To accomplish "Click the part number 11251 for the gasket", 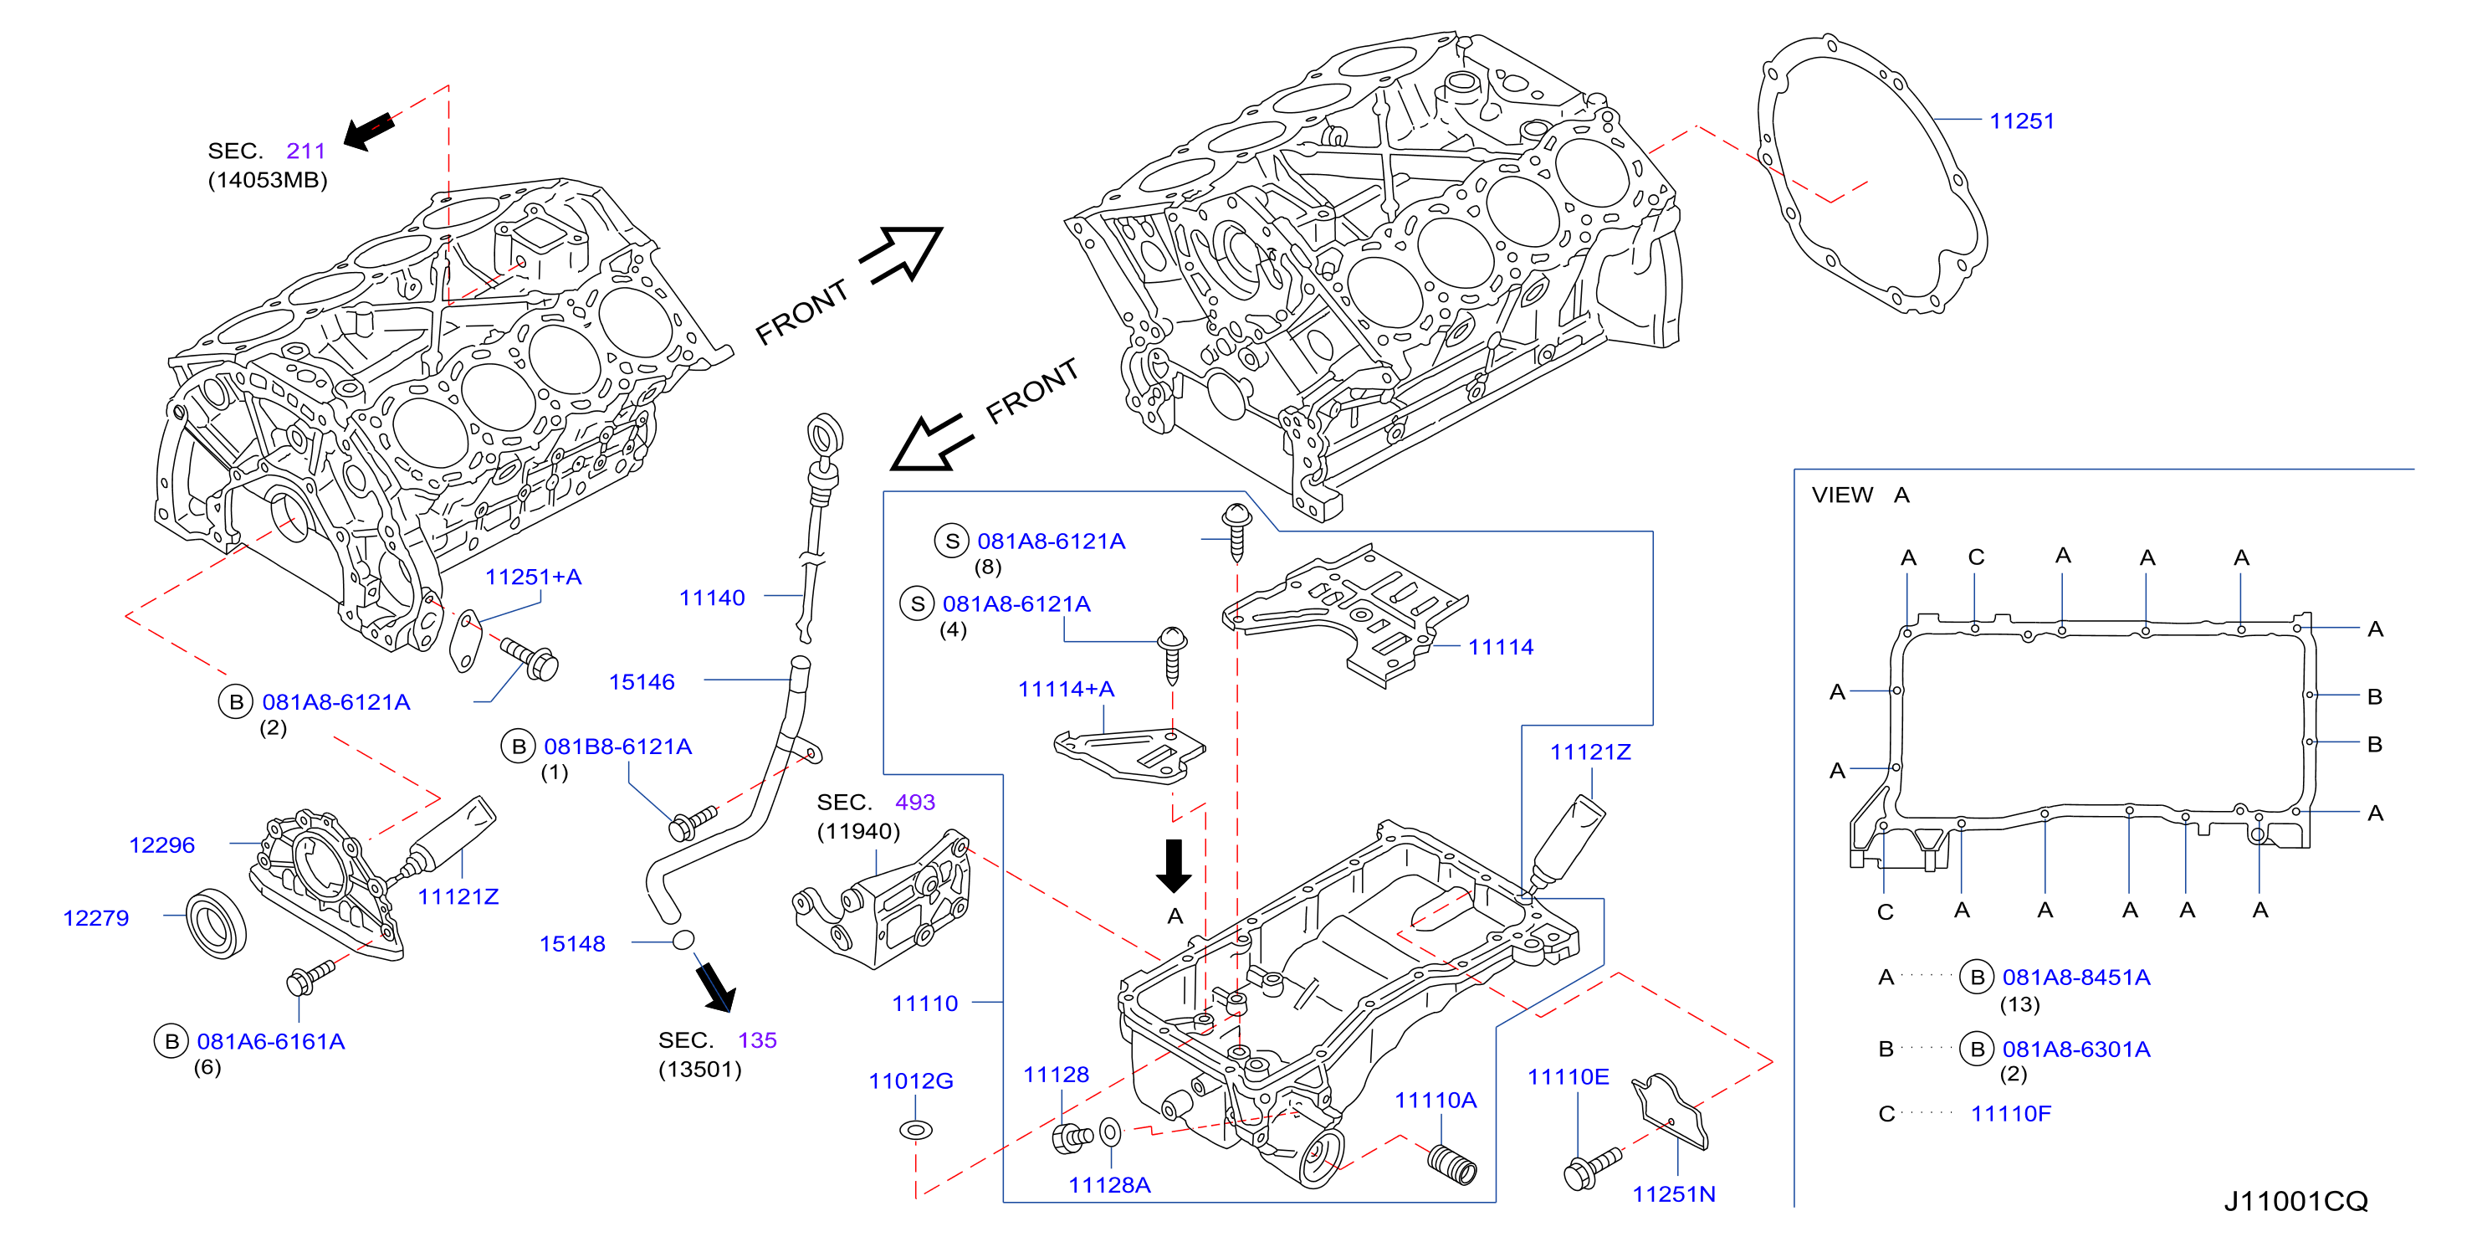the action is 2021,121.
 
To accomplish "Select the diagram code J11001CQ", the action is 2295,1201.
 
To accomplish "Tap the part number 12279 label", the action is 96,918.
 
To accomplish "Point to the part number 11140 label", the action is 712,598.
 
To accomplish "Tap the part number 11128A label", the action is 1109,1184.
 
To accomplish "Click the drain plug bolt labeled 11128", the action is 1071,1137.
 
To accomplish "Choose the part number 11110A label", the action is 1436,1100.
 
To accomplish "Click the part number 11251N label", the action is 1673,1194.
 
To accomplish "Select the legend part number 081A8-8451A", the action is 2076,977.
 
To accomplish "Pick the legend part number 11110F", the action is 2011,1113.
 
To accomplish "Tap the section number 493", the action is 914,802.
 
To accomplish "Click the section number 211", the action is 306,150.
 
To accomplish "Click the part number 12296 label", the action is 161,844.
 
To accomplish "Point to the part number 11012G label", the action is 911,1080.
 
